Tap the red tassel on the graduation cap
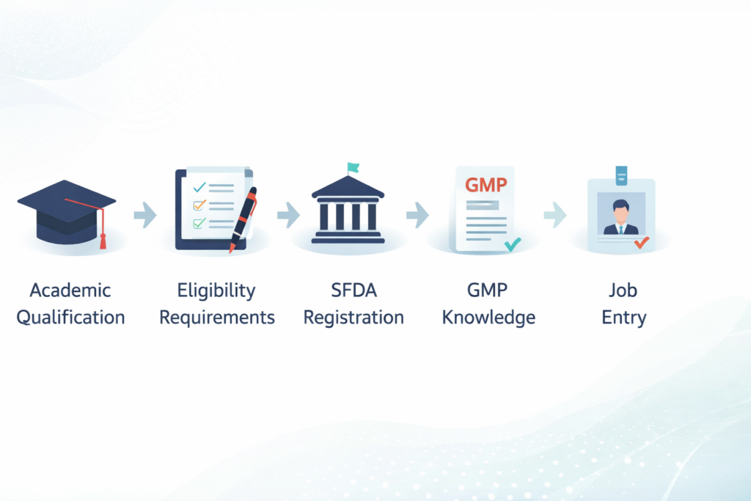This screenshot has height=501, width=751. (103, 238)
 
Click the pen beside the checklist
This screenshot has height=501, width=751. (243, 219)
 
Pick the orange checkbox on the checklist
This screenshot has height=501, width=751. (197, 205)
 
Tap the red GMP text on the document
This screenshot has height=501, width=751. (486, 184)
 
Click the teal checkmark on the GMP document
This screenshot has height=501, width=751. (512, 244)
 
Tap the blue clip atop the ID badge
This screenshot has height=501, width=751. (621, 175)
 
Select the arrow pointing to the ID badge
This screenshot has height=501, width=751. (554, 215)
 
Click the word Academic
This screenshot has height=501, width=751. (70, 290)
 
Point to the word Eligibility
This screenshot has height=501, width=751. (216, 290)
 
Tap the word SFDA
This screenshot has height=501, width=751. (353, 290)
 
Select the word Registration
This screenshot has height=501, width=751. (353, 318)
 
